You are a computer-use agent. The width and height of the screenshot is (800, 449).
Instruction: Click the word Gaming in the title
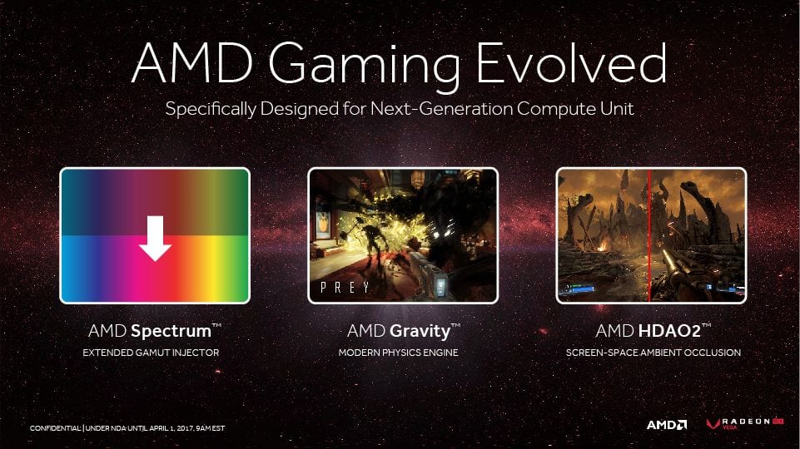click(365, 67)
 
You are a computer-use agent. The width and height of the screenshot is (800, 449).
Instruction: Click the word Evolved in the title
click(571, 63)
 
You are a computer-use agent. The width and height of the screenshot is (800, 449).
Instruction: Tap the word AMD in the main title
click(192, 63)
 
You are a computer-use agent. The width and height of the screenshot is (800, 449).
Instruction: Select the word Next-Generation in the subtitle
click(441, 109)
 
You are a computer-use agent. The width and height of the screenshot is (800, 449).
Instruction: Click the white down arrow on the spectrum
click(155, 238)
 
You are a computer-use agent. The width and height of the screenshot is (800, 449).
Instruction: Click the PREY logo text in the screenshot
click(345, 288)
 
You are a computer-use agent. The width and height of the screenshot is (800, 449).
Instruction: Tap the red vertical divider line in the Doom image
click(649, 235)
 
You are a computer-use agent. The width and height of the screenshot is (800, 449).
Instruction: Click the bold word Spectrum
click(171, 331)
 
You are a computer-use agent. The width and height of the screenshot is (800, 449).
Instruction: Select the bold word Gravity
click(420, 332)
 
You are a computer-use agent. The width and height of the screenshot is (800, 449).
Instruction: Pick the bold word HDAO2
click(669, 331)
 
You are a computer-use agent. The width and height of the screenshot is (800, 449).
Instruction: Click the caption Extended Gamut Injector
click(151, 353)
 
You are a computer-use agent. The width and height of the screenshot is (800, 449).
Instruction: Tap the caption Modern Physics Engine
click(399, 353)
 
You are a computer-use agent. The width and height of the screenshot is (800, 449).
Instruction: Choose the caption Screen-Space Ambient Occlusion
click(653, 353)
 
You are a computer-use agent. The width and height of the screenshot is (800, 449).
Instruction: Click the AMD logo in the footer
click(667, 425)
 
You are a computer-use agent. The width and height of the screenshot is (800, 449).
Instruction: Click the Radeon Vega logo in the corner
click(745, 423)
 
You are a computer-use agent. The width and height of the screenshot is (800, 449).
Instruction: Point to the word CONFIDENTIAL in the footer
click(55, 428)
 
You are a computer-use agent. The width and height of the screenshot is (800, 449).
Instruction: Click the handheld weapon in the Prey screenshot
click(429, 278)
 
